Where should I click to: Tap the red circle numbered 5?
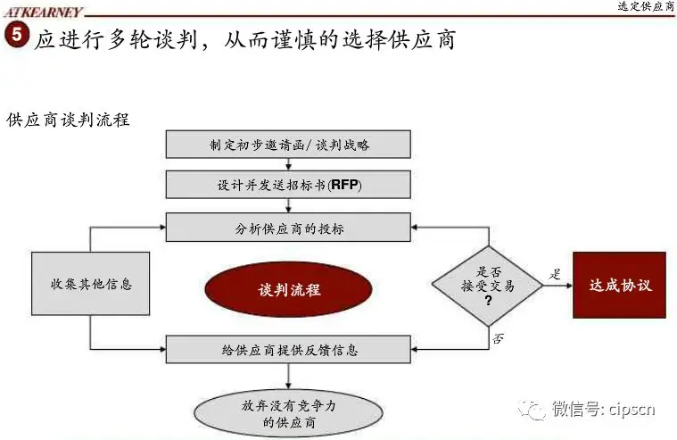[x=17, y=38]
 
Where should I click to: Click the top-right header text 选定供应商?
[x=646, y=7]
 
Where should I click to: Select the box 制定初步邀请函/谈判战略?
[x=288, y=144]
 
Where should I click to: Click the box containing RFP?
[x=288, y=186]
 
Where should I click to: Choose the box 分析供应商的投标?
[x=288, y=228]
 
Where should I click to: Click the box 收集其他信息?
[x=90, y=284]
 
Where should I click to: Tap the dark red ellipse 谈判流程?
[x=289, y=289]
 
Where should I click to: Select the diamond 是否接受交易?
[x=487, y=285]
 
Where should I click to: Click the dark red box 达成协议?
[x=620, y=286]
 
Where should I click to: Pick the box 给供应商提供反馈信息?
[x=288, y=348]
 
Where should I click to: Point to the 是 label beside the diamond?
[x=555, y=274]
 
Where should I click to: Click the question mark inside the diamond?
[x=488, y=301]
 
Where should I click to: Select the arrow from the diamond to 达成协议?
[x=557, y=286]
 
